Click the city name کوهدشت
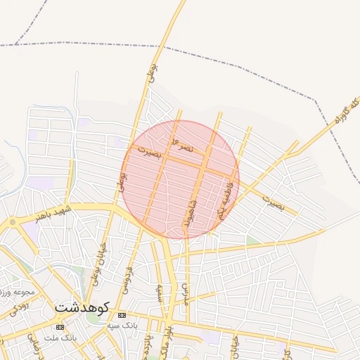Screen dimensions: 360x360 pyautogui.click(x=82, y=307)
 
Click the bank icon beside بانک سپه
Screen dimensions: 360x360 pyautogui.click(x=122, y=315)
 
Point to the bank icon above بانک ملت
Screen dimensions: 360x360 pyautogui.click(x=60, y=328)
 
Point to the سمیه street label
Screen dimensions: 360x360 pyautogui.click(x=161, y=291)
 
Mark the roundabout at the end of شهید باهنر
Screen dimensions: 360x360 pyautogui.click(x=12, y=222)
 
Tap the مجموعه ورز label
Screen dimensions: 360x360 pyautogui.click(x=15, y=291)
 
